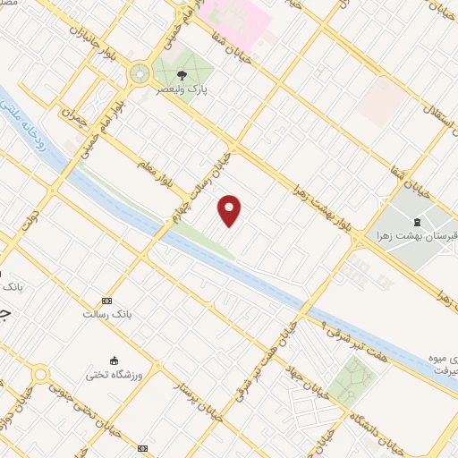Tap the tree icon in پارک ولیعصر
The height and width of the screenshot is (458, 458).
(183, 75)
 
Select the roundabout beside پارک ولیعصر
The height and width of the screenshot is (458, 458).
(140, 74)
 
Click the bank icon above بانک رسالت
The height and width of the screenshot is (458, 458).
(107, 301)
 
